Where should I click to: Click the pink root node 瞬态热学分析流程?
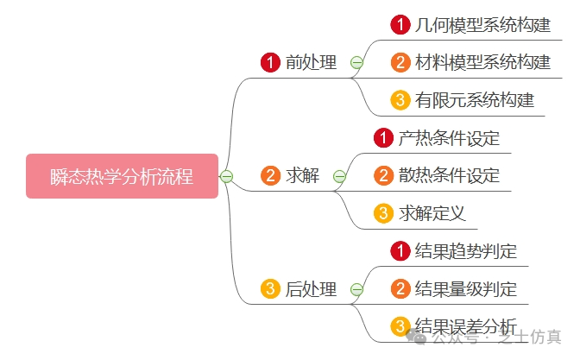click(122, 176)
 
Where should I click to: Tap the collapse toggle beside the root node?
click(227, 176)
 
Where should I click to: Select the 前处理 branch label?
click(311, 62)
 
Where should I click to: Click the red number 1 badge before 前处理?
click(270, 62)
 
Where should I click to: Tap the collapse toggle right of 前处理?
click(356, 62)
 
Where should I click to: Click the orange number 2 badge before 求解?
click(270, 176)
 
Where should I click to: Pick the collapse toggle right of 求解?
click(339, 176)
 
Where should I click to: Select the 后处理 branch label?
click(311, 289)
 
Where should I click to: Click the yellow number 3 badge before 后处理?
click(270, 289)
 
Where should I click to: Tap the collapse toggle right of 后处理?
click(356, 289)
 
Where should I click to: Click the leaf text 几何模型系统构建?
click(482, 24)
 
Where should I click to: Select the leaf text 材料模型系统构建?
click(482, 62)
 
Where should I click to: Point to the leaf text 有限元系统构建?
click(475, 100)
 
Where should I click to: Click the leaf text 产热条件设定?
click(449, 138)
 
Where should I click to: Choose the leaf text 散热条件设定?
click(449, 176)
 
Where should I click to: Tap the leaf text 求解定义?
click(432, 213)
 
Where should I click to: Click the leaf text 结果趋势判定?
click(466, 251)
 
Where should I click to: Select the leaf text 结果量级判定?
click(466, 289)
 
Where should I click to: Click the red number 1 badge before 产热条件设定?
click(383, 138)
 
